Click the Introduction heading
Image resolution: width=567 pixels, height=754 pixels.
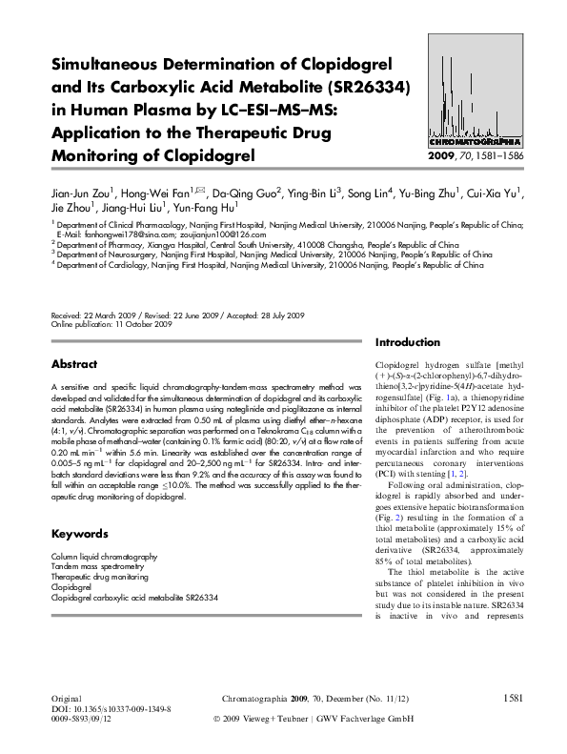[x=408, y=342]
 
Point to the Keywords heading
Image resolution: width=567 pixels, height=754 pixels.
[x=78, y=534]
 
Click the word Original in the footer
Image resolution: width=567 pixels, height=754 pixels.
[x=65, y=701]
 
